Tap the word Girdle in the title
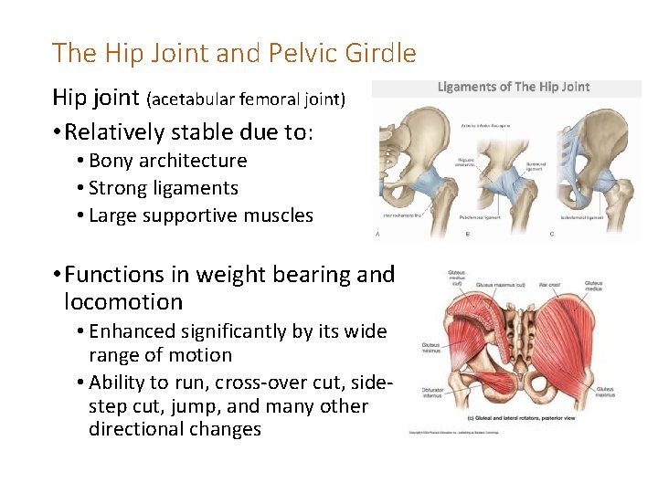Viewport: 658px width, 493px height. click(x=383, y=53)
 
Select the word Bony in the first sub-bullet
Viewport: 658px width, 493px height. click(x=111, y=161)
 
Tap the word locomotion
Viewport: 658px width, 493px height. click(x=123, y=302)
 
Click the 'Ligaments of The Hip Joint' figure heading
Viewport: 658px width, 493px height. click(x=514, y=88)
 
